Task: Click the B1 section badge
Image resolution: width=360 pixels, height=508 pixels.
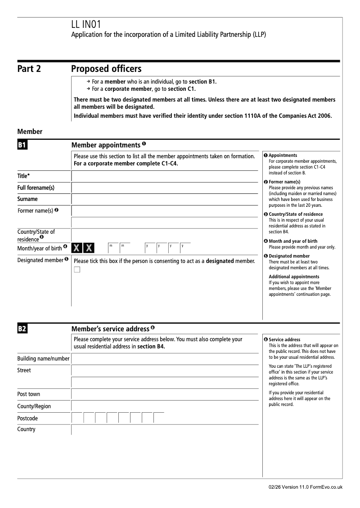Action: pos(22,145)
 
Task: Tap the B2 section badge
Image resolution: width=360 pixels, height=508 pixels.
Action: pos(22,329)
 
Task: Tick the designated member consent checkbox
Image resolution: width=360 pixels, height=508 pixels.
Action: pos(77,269)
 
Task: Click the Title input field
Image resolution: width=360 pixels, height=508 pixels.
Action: pos(165,176)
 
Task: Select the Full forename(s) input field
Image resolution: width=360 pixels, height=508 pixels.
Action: pos(165,187)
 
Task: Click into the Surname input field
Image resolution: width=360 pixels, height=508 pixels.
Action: pos(165,199)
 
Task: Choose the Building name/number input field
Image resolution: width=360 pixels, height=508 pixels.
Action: pos(165,359)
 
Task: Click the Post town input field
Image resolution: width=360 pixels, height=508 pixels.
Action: pos(165,394)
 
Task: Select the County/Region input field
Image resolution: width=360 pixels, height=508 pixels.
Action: pos(165,406)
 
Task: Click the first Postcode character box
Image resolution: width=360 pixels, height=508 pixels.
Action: pos(77,418)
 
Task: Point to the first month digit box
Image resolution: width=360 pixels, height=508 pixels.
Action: pos(113,248)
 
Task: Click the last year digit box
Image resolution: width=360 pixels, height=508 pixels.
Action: pos(185,248)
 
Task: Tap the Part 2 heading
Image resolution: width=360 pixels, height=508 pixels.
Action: pos(29,69)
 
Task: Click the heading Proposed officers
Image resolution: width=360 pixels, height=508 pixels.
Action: pos(106,69)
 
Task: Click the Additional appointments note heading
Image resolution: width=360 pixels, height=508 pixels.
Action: pos(294,276)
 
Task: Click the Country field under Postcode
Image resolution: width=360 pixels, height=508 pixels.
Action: pos(165,430)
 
